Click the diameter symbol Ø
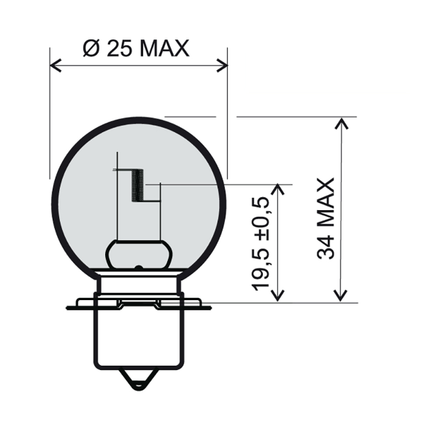click(91, 49)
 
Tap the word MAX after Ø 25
click(164, 49)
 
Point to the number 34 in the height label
click(326, 247)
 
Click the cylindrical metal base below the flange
click(138, 339)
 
